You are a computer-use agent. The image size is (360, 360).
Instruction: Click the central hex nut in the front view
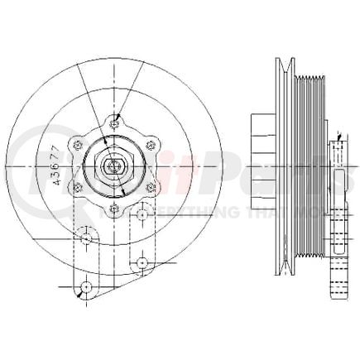[x=113, y=165]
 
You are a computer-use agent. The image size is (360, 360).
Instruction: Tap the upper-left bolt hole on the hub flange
[x=78, y=144]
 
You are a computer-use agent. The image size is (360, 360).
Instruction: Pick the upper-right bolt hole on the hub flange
[x=148, y=144]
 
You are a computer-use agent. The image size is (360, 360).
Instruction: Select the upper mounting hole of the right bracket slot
[x=142, y=214]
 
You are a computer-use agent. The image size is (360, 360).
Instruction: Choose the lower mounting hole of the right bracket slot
[x=142, y=262]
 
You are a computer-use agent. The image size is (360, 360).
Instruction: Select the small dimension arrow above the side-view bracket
[x=339, y=133]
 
